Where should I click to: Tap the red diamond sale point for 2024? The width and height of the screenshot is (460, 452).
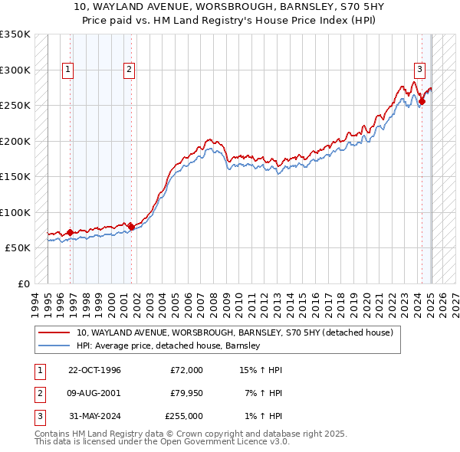click(422, 101)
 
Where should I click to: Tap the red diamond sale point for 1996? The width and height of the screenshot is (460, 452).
click(70, 232)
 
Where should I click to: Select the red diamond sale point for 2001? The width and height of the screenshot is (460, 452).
click(131, 226)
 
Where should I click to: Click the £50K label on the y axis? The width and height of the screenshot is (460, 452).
click(18, 248)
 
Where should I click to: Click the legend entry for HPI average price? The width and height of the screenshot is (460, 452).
click(169, 346)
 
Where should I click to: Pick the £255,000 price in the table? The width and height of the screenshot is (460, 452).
click(184, 416)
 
